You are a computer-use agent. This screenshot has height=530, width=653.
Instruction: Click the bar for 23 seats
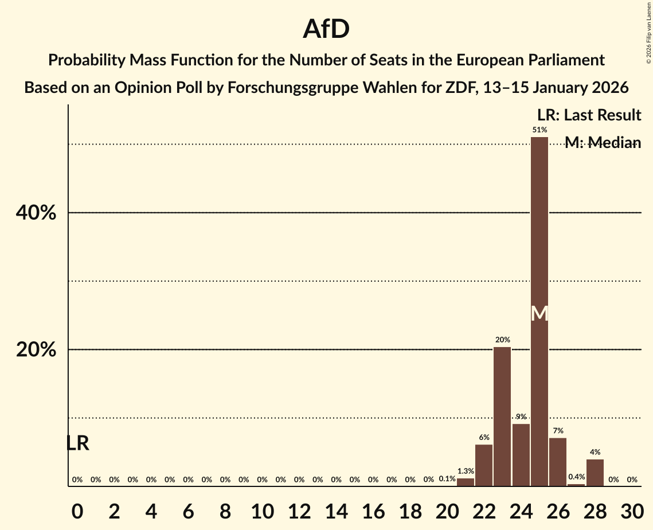502,416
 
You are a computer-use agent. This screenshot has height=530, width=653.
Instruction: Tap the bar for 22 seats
484,465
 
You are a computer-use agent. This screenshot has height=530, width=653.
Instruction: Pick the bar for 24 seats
521,455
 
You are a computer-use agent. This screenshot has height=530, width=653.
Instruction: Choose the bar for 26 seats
558,462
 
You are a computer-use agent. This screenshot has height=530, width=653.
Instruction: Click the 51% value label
539,130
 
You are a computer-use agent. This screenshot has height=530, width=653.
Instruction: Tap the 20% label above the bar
503,340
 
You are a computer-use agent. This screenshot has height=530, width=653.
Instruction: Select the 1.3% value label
466,471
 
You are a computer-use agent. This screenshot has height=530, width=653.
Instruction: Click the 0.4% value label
576,477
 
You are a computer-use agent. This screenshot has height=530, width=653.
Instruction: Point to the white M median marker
539,313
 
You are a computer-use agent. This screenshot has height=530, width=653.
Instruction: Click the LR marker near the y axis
77,443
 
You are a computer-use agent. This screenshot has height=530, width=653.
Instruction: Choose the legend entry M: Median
603,143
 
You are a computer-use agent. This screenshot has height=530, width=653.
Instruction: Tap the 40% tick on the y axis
36,213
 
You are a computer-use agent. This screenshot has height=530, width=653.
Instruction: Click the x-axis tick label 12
299,509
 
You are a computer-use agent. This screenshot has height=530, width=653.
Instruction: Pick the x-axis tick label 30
632,509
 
